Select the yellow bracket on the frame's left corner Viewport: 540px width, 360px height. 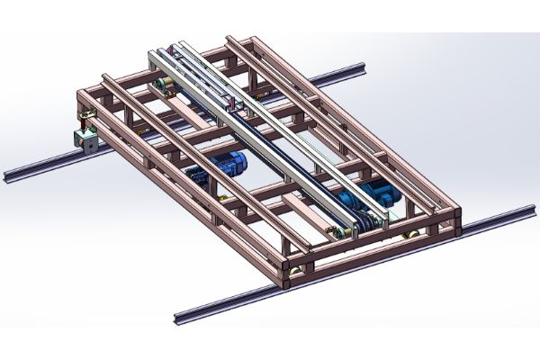pyautogui.click(x=86, y=115)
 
